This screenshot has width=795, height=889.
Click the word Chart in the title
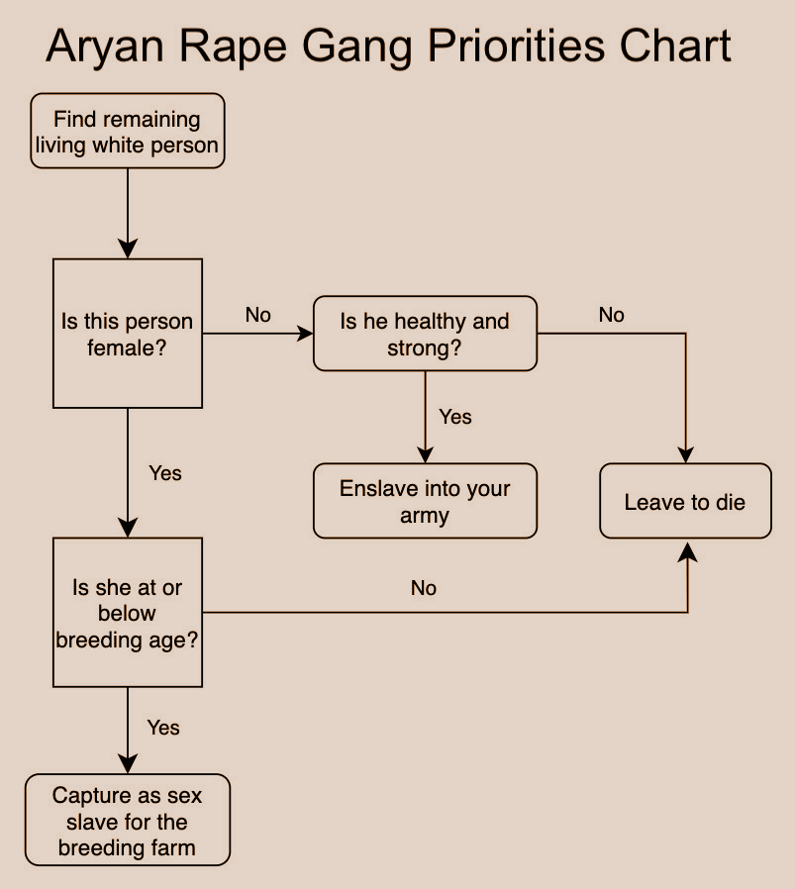675,46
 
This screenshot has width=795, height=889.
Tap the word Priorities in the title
516,46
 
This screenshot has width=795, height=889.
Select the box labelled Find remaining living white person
128,131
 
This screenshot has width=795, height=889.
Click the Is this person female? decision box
128,334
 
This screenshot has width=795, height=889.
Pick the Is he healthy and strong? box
426,334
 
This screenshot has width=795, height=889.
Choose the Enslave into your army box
426,501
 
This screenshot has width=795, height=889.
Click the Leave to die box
685,501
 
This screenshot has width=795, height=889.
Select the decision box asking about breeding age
128,613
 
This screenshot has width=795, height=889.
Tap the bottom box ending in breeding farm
128,820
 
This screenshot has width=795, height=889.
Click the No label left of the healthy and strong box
258,315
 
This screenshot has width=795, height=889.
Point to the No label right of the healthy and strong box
611,315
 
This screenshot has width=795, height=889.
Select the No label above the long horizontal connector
424,588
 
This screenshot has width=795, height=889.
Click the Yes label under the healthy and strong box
455,417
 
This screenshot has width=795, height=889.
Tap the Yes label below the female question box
165,473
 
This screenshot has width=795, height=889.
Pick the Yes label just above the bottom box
163,728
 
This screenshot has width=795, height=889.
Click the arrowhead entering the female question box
128,248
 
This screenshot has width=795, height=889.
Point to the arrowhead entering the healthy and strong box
305,334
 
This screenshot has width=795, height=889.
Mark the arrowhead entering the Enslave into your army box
426,454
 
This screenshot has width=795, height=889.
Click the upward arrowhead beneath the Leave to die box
688,551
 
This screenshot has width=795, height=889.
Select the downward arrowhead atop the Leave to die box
685,454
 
